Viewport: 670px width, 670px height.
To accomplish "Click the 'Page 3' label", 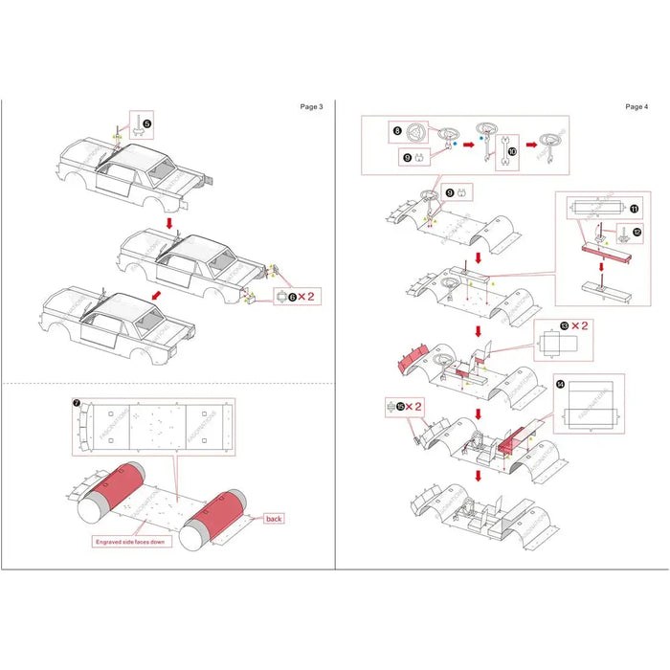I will click(x=311, y=106).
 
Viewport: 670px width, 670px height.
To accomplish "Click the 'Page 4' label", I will click(x=636, y=106).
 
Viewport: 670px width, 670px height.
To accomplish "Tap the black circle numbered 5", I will click(x=146, y=123).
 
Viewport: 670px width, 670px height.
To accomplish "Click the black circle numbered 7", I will click(x=77, y=404).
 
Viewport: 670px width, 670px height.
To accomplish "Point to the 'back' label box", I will click(x=274, y=518).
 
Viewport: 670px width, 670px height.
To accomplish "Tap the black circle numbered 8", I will click(x=396, y=128).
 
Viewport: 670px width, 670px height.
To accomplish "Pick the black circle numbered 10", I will click(x=512, y=150).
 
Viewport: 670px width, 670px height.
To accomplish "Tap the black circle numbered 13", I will click(x=564, y=326).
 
